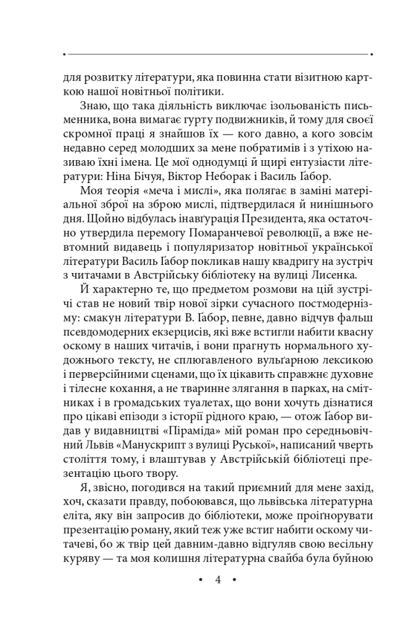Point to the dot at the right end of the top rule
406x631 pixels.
point(371,55)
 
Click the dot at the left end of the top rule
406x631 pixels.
point(64,55)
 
